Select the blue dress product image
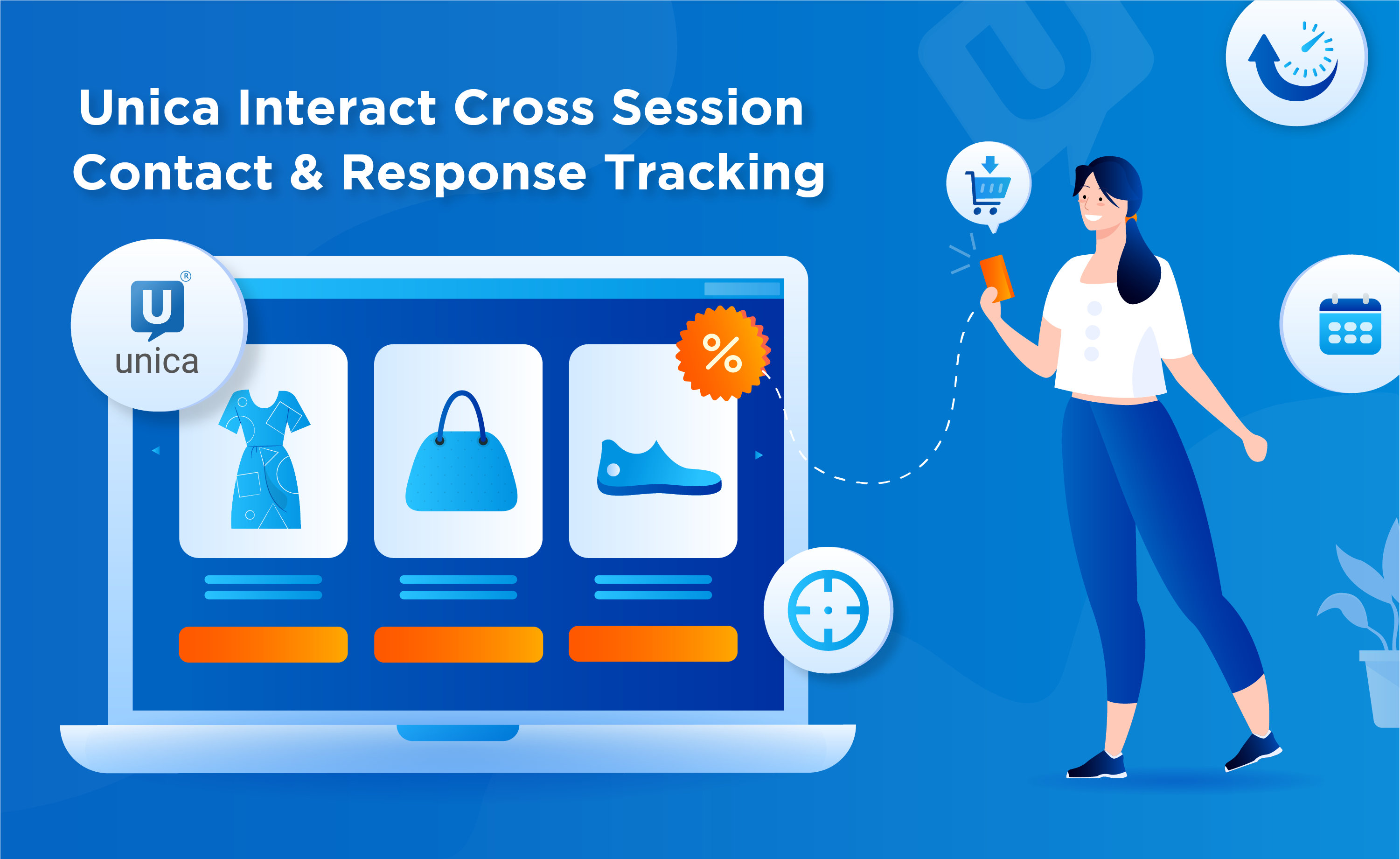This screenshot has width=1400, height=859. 264,459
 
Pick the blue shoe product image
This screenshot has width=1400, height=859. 659,468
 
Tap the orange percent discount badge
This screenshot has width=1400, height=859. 722,353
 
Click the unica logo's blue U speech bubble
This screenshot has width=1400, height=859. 157,308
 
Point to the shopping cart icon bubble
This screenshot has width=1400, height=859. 989,185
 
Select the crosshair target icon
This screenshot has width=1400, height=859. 828,610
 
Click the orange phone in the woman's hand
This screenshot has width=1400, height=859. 996,278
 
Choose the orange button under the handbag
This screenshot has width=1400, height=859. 459,644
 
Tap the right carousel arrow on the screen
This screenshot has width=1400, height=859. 759,455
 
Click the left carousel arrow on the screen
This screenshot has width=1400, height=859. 156,451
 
